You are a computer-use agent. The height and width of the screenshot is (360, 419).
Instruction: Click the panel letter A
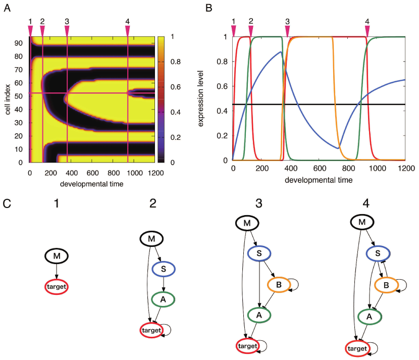[x=7, y=8]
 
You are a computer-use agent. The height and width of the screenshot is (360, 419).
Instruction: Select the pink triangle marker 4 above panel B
[x=367, y=31]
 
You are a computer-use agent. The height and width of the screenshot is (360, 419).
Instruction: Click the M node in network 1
[x=57, y=256]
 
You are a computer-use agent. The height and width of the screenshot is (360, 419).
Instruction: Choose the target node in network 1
[x=57, y=287]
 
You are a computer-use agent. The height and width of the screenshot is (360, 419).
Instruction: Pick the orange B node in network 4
[x=386, y=286]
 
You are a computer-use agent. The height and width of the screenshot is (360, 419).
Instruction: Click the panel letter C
[x=7, y=204]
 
